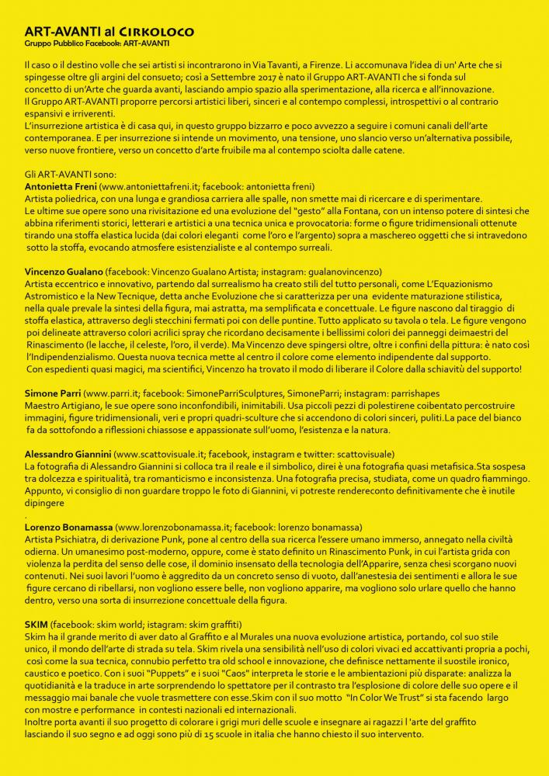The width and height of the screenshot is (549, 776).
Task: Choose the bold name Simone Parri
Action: [51, 394]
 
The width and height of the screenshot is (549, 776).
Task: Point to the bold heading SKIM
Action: [36, 625]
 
